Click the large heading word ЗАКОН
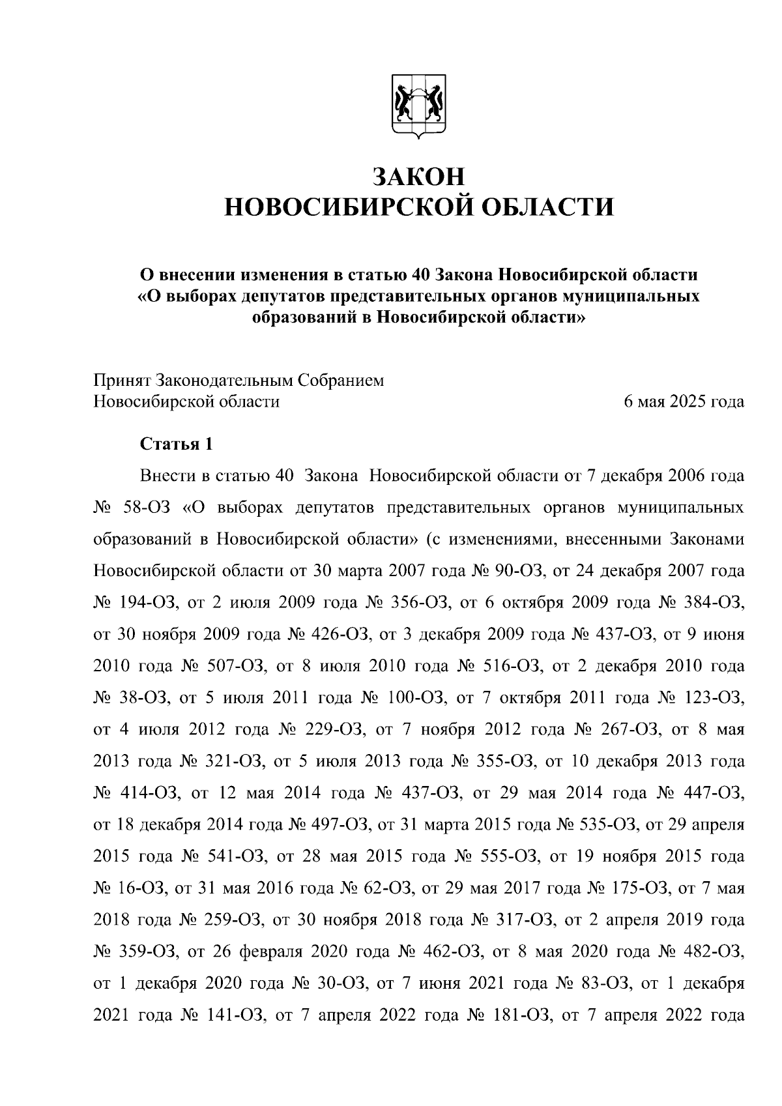tap(419, 177)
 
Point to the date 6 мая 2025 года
tap(684, 401)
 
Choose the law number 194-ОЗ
tap(150, 603)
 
